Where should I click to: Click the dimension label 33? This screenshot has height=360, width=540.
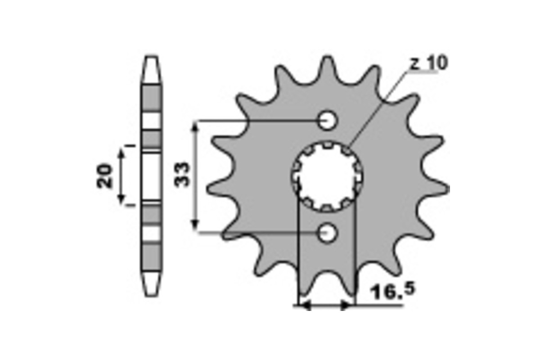point(182,174)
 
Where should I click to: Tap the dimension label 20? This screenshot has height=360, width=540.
point(104,176)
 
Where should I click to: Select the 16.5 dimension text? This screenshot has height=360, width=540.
point(393,291)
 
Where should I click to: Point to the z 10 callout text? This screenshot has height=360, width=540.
point(428,63)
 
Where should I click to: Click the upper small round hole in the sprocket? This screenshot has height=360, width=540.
point(327,120)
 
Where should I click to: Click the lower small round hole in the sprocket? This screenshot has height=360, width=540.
point(327,233)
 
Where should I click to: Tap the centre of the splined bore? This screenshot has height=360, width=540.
point(327,176)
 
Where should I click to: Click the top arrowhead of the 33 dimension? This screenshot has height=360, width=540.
point(195,127)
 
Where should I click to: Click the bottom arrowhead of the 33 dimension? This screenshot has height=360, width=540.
point(195,225)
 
